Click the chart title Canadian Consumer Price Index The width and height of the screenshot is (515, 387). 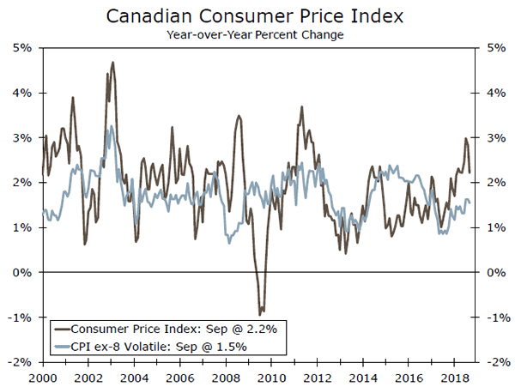[x=257, y=16]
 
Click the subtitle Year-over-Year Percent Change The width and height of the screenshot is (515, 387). [x=257, y=35]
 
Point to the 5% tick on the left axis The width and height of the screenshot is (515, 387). [x=23, y=47]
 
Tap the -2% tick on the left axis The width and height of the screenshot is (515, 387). [x=21, y=362]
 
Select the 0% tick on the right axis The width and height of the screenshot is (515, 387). [x=491, y=272]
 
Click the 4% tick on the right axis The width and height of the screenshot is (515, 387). [x=491, y=93]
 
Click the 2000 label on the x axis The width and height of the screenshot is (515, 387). [x=42, y=378]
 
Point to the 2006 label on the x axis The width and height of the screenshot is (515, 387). [x=179, y=378]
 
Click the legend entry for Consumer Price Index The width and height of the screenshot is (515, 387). [x=163, y=329]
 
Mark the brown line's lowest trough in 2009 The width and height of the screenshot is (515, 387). [x=261, y=314]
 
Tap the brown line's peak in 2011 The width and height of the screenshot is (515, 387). [x=301, y=106]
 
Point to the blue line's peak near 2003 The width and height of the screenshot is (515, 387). [x=110, y=126]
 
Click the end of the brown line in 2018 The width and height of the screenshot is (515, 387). [x=470, y=172]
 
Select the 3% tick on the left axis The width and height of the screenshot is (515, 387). [x=23, y=137]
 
